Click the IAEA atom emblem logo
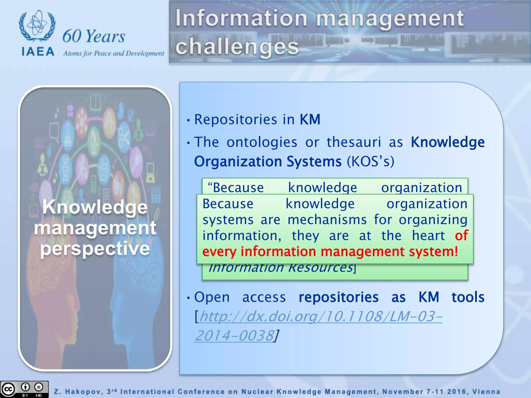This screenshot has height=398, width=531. [37, 26]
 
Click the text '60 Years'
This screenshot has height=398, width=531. [94, 36]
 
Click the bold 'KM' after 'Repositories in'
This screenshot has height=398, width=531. [310, 120]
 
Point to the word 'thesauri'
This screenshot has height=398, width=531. [354, 142]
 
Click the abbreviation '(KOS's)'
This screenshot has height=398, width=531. [371, 162]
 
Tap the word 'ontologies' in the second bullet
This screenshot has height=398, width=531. [262, 142]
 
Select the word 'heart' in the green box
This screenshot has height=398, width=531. [428, 236]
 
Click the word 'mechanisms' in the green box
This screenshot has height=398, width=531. [327, 220]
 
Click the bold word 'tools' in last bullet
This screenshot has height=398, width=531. [468, 297]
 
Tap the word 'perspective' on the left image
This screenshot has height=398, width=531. [95, 249]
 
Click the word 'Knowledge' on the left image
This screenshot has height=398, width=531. [95, 207]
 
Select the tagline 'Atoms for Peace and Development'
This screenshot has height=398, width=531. [114, 53]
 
